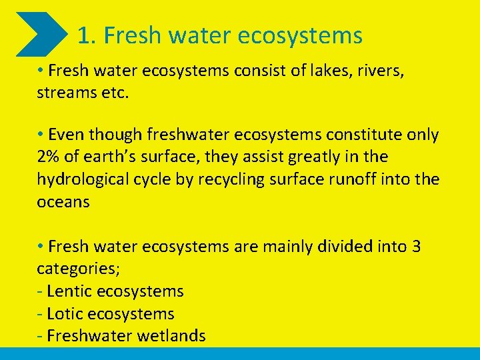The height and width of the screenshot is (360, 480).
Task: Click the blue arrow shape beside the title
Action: click(41, 34)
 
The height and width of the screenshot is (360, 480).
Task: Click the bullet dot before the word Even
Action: click(41, 134)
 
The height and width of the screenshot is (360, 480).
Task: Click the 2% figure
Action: click(49, 157)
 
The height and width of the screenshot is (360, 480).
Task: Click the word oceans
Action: click(63, 202)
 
